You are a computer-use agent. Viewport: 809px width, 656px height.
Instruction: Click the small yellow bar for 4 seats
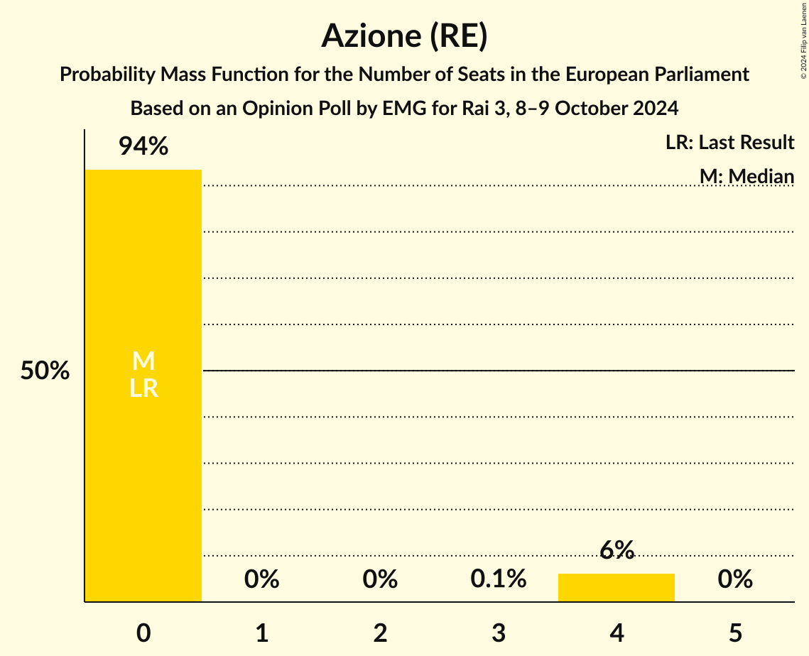617,587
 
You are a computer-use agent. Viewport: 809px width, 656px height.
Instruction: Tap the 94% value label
143,147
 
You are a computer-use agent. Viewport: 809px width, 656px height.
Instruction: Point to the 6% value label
617,550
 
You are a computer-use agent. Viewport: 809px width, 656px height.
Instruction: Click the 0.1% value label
499,579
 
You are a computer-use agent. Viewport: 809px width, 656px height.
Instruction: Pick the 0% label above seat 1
261,579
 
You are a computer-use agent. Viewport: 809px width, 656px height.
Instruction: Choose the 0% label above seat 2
380,579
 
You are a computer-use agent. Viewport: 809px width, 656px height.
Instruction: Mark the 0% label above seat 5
735,579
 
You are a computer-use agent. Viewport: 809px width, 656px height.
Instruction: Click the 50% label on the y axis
45,371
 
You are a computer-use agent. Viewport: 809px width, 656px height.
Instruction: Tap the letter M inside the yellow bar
143,361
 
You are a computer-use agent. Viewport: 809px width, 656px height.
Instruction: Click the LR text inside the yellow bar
143,388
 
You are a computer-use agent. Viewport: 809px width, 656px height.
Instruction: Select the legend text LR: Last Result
729,143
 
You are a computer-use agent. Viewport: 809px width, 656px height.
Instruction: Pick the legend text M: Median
746,175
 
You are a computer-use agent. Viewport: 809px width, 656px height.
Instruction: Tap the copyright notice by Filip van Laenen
803,40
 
